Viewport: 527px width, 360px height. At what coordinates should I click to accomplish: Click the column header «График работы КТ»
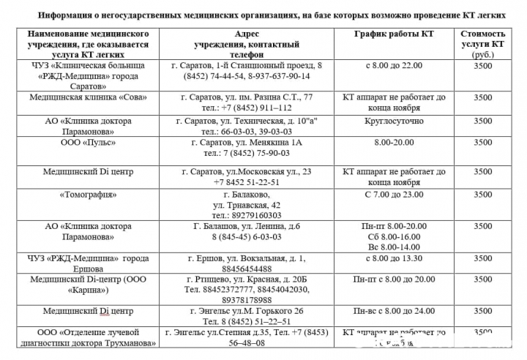[394, 34]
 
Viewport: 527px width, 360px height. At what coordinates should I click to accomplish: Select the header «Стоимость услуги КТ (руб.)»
[482, 44]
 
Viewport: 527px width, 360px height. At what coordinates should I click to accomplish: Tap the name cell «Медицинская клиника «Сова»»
[88, 97]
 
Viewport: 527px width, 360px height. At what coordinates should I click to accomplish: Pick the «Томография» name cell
[88, 195]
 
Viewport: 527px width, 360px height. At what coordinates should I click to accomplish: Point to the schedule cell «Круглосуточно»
[394, 120]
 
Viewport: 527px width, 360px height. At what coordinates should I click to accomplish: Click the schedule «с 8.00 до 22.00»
[394, 65]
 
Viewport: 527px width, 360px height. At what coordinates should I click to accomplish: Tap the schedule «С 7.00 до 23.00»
[394, 195]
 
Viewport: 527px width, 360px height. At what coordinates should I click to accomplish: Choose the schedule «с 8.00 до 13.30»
[394, 258]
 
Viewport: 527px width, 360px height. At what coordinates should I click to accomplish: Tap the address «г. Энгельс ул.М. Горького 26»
[253, 311]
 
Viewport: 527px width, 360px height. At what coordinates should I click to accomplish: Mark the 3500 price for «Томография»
[482, 195]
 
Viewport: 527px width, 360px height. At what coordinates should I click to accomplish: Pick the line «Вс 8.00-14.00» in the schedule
[394, 247]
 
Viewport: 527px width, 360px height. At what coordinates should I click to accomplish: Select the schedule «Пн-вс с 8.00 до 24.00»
[394, 311]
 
